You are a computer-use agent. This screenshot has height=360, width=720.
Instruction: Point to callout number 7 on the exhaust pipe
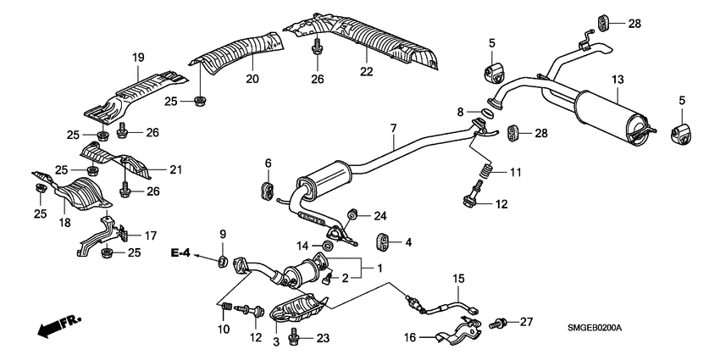393,129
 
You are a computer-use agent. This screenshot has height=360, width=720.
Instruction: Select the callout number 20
251,80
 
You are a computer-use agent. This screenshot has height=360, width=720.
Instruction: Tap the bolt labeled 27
501,322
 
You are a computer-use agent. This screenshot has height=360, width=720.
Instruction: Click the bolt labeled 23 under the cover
295,339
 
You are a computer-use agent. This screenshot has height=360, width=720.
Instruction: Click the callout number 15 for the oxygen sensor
457,278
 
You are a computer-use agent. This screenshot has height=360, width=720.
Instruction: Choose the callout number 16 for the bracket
409,337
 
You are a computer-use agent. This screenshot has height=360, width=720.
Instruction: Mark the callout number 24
380,214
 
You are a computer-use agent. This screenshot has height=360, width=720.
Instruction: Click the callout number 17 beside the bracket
151,235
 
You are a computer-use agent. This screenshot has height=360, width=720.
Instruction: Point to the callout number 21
174,170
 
